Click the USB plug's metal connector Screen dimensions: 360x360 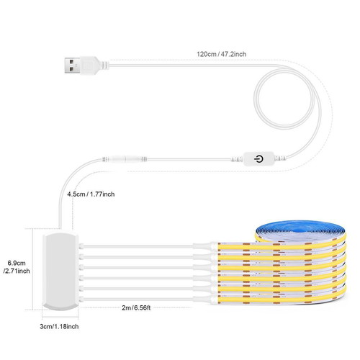[x=73, y=65]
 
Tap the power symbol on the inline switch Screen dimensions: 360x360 [x=258, y=159]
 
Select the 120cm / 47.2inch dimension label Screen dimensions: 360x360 [x=221, y=54]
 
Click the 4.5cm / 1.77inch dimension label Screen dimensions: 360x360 [x=91, y=194]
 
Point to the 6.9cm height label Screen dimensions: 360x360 [x=17, y=263]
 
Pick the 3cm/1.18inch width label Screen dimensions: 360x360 [x=59, y=326]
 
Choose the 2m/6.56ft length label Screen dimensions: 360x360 [x=136, y=307]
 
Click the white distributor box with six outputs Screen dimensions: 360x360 [x=60, y=271]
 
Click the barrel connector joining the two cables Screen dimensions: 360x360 [x=125, y=159]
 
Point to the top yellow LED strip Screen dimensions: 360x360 [x=281, y=246]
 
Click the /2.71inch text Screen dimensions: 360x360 [x=17, y=271]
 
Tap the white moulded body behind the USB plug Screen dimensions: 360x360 [x=93, y=66]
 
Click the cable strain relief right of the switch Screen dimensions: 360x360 [x=280, y=158]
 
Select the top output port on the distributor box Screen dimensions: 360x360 [x=81, y=246]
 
